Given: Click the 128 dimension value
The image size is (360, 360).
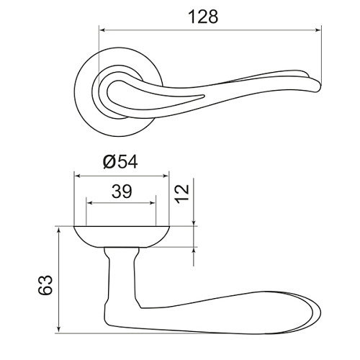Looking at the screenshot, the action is point(203,17).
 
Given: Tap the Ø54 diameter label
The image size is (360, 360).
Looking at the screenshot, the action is point(120,161).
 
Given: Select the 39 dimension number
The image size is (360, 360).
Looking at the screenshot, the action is point(122,192).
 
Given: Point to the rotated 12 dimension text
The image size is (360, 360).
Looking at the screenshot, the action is point(182,194).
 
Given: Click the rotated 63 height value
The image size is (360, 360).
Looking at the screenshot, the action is point(45,285).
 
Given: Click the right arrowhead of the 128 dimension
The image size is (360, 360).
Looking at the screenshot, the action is point(318,30).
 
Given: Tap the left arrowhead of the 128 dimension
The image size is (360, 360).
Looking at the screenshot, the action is point(102,30).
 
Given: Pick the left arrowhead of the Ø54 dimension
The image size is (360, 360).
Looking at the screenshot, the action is point(77,176).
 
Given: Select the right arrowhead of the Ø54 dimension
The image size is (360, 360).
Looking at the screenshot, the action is point(166,176).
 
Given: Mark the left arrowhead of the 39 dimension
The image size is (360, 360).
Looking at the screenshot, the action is point(89,203).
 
